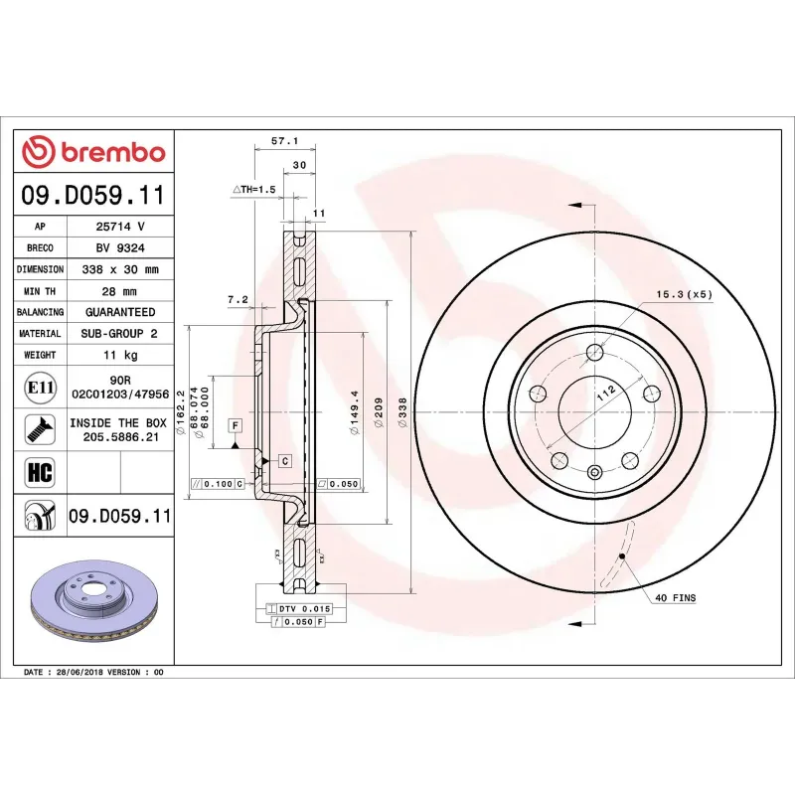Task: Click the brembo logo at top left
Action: [93, 153]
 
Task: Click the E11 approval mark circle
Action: [40, 388]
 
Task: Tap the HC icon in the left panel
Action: [40, 470]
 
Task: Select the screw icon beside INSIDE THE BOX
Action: [40, 429]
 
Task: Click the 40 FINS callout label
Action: [675, 598]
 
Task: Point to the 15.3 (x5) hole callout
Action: [684, 295]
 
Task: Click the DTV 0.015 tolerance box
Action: [303, 607]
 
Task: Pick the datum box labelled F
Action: [236, 425]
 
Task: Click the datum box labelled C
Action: [284, 461]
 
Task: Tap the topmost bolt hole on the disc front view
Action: [595, 352]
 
